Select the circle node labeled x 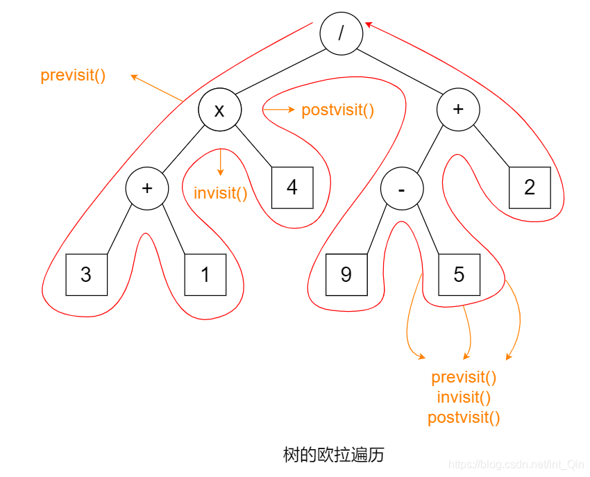(219, 110)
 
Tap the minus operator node (401, 190)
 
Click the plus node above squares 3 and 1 (146, 189)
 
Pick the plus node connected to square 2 (458, 110)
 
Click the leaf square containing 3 (86, 275)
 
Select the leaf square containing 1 (205, 275)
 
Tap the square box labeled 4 (292, 187)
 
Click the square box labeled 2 (529, 187)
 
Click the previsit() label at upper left (73, 75)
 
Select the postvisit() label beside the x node (337, 110)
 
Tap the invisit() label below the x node (220, 193)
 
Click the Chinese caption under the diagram (333, 455)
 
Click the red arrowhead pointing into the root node (369, 25)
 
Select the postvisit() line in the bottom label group (464, 417)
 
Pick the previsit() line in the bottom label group (464, 377)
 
